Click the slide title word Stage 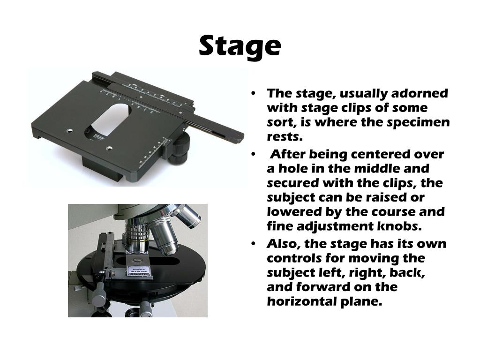click(x=240, y=46)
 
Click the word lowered click(x=293, y=211)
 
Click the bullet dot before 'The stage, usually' click(x=253, y=93)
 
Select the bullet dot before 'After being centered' click(x=253, y=154)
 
